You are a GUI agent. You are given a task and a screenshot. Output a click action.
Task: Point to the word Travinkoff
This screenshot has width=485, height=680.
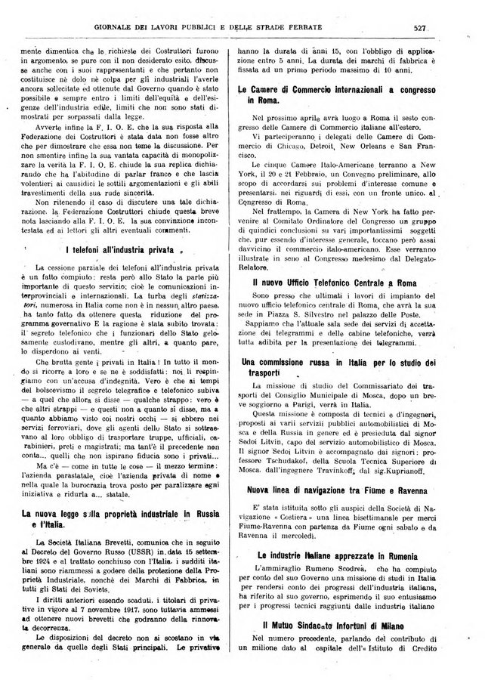[x=368, y=469]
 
